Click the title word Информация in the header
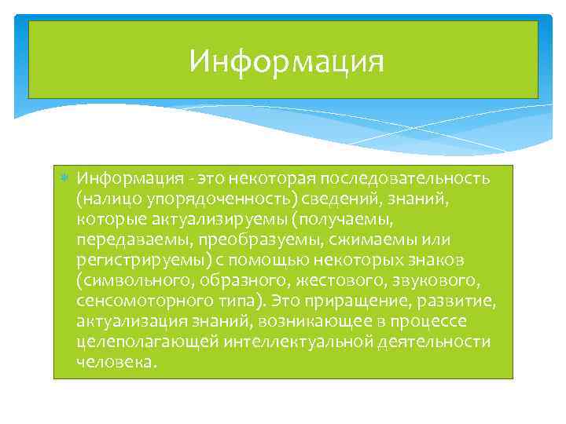(286, 61)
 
